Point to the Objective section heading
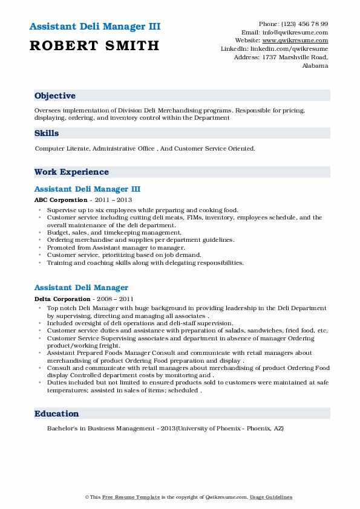pos(55,96)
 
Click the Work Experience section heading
pos(71,172)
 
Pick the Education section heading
pos(57,414)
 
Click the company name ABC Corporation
pos(61,199)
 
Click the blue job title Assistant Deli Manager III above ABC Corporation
pos(87,189)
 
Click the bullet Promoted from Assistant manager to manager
pos(107,248)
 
